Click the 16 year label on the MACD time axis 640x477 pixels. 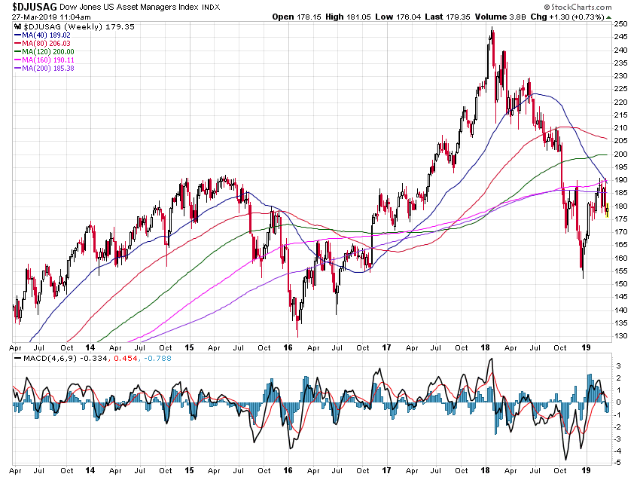tap(288, 469)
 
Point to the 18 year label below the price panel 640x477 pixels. tap(485, 349)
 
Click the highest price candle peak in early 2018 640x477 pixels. tap(492, 28)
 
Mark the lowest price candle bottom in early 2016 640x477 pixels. tap(298, 336)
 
